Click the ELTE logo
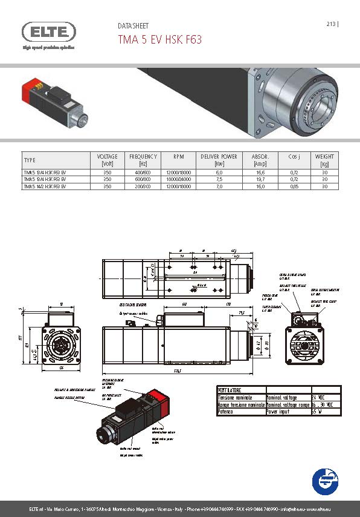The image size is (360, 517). pos(49,31)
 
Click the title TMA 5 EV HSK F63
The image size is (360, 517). pos(159,40)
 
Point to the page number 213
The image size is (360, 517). pos(331,24)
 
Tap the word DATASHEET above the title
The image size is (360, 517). pos(133,26)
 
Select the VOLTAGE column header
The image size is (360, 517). pos(108,160)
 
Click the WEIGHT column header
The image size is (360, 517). pos(324,160)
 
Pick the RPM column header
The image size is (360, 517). pos(178,157)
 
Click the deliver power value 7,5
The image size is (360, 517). pos(219,180)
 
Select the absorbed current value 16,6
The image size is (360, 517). pos(260,173)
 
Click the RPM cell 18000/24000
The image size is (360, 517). pos(178,180)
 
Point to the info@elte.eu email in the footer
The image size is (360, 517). pos(297,507)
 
